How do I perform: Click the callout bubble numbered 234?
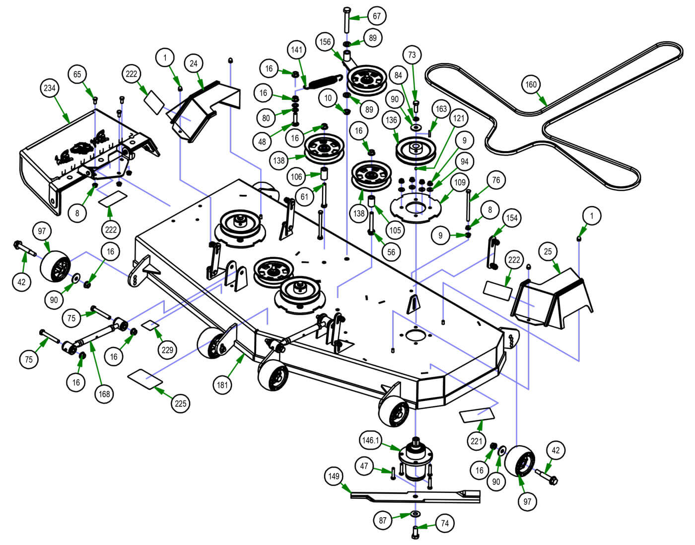(x=50, y=88)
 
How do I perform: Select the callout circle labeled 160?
(x=531, y=84)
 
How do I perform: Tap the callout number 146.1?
(x=370, y=440)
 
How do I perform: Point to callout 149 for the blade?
(x=334, y=476)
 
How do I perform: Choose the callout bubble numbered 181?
(x=222, y=384)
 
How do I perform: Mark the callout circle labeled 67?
(x=376, y=16)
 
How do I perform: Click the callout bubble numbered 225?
(x=180, y=403)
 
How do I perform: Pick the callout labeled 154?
(x=511, y=218)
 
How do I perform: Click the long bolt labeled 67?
(x=347, y=21)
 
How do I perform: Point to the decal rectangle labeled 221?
(x=477, y=415)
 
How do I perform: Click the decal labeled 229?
(x=151, y=325)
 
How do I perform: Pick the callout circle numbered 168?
(x=104, y=394)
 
